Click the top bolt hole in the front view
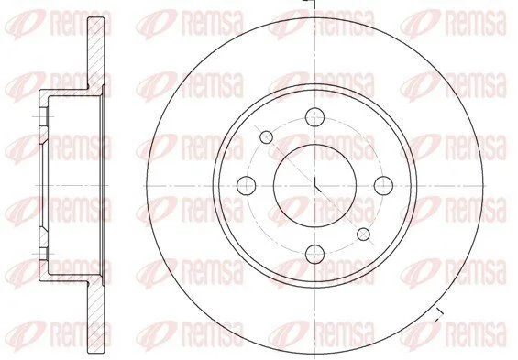pos(314,117)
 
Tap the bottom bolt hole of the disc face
pos(314,254)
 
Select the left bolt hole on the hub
pos(247,185)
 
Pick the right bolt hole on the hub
pos(383,185)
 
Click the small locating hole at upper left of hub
pos(266,137)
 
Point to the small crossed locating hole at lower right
pos(363,234)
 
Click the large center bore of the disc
pos(314,185)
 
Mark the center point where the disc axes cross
pos(314,185)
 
